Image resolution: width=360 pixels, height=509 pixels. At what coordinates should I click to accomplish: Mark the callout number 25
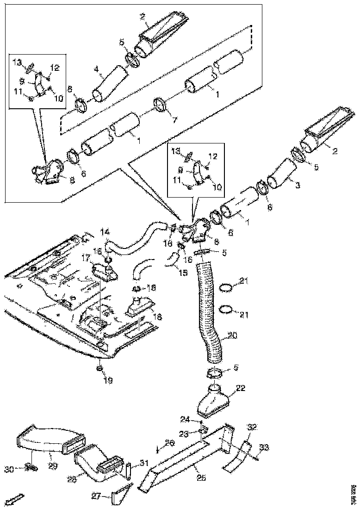tap(200, 477)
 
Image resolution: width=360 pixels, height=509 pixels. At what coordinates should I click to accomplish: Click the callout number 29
tap(52, 466)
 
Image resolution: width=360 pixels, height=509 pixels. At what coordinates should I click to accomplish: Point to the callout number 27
tap(96, 497)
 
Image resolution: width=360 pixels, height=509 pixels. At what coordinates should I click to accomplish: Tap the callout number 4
tap(96, 70)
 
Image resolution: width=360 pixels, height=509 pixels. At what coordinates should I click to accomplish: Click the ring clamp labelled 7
tap(160, 105)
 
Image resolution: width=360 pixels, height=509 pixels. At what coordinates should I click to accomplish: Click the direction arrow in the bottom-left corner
tap(15, 499)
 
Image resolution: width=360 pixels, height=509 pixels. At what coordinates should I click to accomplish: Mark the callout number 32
tap(252, 427)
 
